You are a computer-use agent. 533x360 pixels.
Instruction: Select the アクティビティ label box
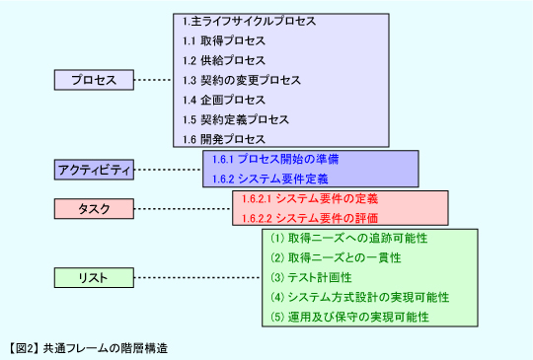[93, 170]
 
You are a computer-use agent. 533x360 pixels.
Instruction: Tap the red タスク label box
[93, 209]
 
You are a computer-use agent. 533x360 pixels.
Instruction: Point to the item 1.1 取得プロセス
[224, 40]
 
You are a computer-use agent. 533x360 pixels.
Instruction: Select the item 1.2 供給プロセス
[224, 60]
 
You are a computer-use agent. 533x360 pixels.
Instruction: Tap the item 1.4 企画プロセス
[224, 100]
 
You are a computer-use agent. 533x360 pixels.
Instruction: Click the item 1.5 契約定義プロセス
[236, 119]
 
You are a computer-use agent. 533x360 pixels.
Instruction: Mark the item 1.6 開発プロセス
[224, 139]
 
